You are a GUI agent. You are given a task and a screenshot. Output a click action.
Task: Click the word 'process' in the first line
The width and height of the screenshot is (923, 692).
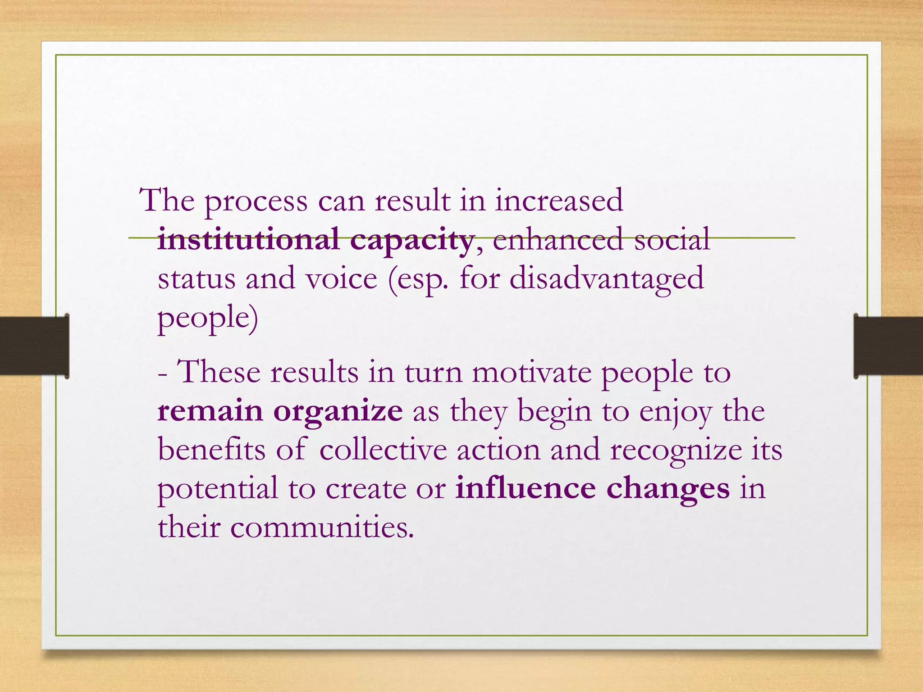click(x=256, y=201)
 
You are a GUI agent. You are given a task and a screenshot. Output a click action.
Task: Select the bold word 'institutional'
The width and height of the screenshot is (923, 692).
click(x=248, y=239)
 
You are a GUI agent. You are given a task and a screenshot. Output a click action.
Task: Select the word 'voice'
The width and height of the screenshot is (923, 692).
click(x=341, y=278)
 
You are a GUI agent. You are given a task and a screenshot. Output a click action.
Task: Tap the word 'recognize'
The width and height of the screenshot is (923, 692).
click(x=676, y=451)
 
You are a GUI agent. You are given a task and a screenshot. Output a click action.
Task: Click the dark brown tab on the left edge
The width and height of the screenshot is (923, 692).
click(x=34, y=346)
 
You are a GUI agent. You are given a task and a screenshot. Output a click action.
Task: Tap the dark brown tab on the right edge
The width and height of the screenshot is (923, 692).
click(x=888, y=346)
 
